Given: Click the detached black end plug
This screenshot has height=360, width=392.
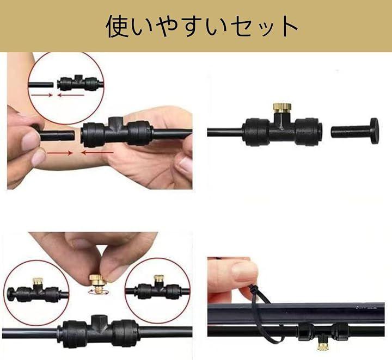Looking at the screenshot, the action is click(354, 131).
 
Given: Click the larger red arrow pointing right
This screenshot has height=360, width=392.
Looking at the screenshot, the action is click(59, 153).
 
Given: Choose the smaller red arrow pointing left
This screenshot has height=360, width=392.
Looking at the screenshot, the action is click(71, 95).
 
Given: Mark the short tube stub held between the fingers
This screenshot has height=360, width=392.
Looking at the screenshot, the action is click(57, 135).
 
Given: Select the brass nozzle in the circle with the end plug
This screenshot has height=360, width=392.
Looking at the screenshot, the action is click(38, 281).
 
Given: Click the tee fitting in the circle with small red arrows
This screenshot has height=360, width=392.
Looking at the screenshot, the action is click(78, 82).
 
